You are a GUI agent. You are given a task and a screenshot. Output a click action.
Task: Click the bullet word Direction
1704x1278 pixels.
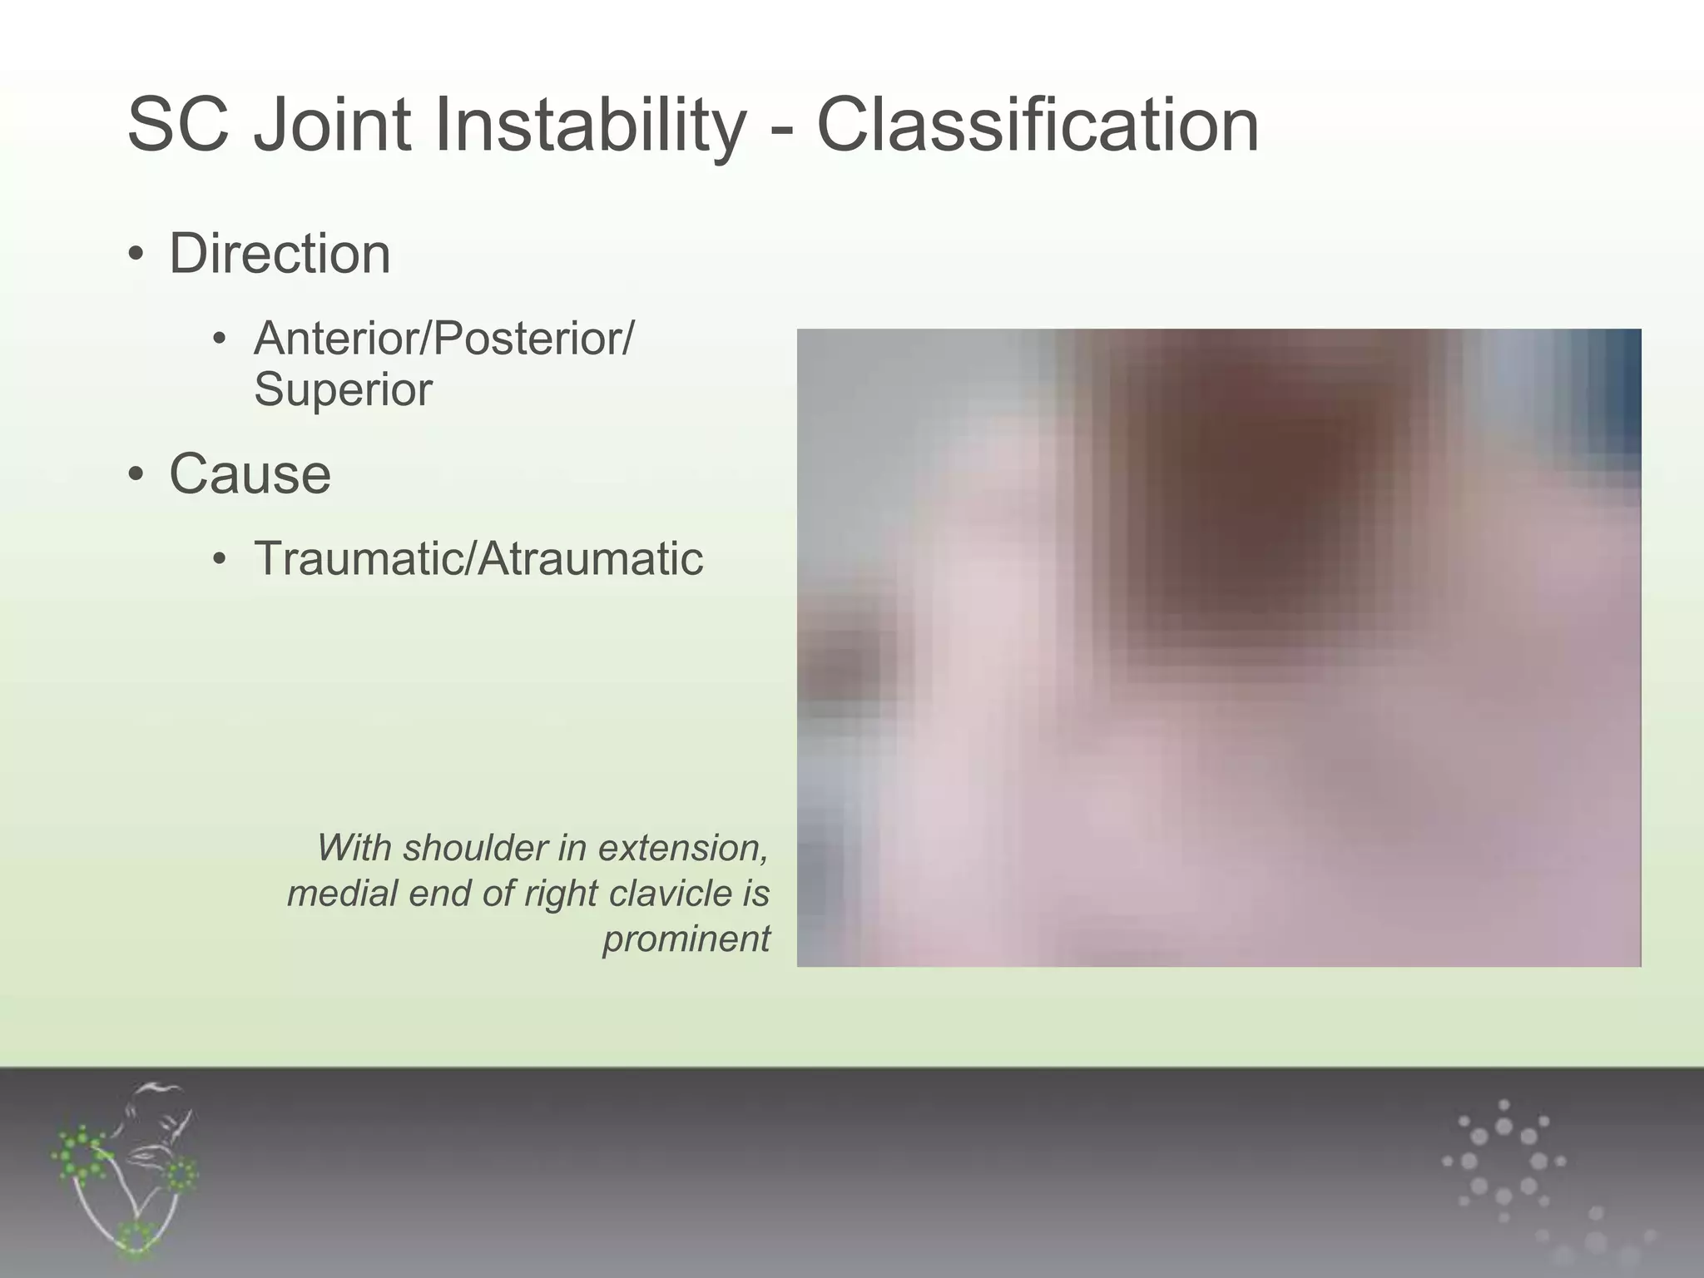(x=280, y=254)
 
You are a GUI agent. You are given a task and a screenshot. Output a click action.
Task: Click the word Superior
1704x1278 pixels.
(x=343, y=389)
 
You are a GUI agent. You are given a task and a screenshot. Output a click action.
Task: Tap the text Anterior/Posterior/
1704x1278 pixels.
(x=443, y=339)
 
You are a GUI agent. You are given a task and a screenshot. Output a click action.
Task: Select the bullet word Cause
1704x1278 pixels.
(x=250, y=474)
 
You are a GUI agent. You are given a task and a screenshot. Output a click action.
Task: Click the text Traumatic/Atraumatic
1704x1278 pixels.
(x=478, y=558)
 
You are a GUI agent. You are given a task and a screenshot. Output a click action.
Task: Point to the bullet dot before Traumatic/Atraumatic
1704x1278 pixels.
(x=219, y=559)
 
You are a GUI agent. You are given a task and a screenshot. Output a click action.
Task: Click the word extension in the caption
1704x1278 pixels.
(x=682, y=848)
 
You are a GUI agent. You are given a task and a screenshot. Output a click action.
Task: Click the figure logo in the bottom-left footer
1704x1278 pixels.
(x=125, y=1169)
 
